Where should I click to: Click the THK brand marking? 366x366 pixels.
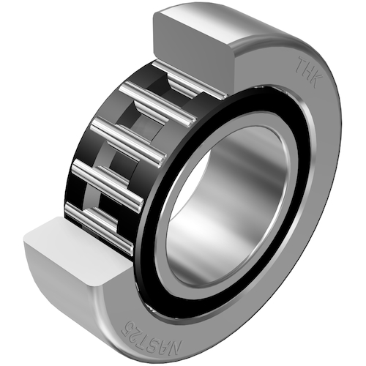pyautogui.click(x=309, y=72)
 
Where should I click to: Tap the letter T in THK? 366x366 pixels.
pyautogui.click(x=301, y=64)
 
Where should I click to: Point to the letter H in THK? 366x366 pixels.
pyautogui.click(x=309, y=72)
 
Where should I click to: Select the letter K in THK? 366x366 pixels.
pyautogui.click(x=317, y=81)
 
